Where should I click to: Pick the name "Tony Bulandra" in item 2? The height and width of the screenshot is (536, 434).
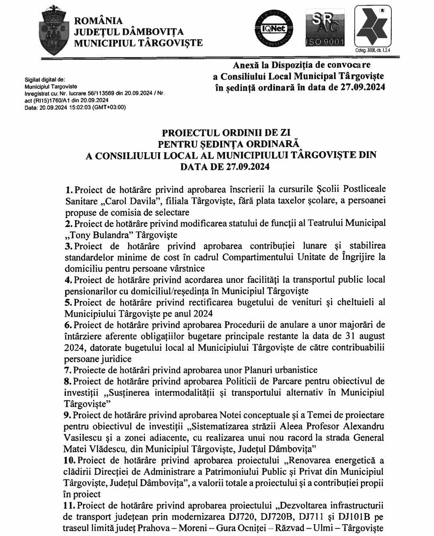[x=95, y=234]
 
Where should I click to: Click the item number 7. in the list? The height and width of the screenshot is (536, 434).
[x=69, y=370]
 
